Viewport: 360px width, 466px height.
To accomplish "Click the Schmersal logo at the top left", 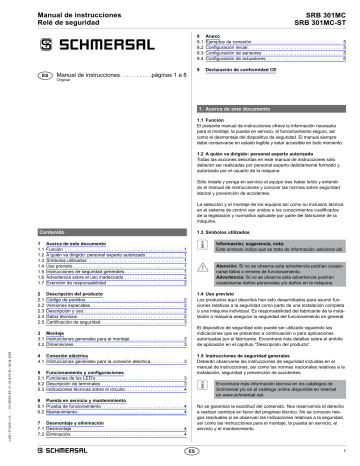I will pos(55,43).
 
